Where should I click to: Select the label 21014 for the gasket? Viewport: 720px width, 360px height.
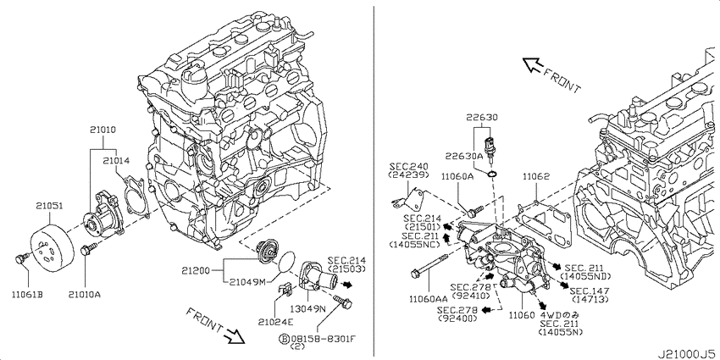(118, 158)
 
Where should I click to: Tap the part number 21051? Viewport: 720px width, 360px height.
(50, 204)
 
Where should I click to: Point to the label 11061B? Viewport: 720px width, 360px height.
(27, 294)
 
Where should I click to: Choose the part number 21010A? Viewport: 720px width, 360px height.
(85, 294)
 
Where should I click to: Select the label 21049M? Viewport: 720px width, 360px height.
(250, 280)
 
